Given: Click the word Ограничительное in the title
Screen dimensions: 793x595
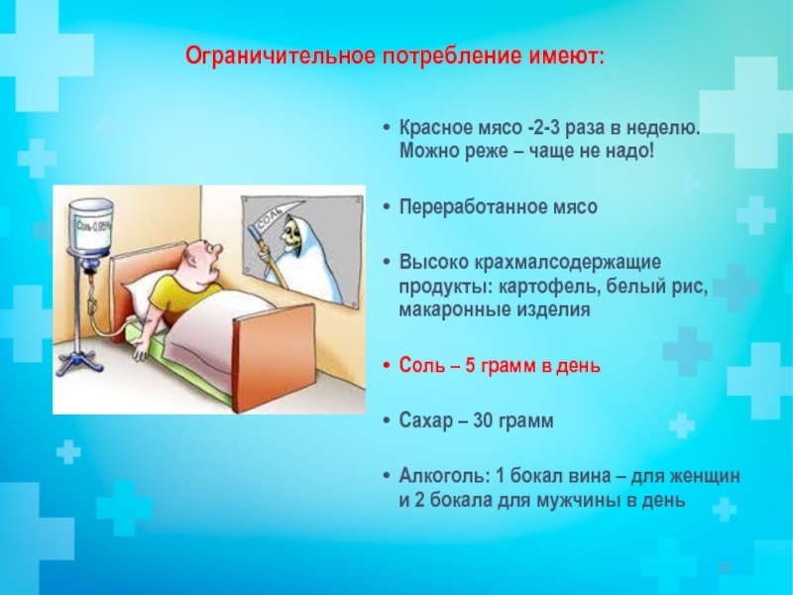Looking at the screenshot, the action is [281, 56].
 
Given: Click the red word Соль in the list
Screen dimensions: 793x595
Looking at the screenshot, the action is [422, 365].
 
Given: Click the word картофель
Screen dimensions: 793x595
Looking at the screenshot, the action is [549, 287].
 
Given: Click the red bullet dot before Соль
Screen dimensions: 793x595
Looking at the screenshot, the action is [388, 365].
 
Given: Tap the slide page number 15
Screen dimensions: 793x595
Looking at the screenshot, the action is [725, 567].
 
